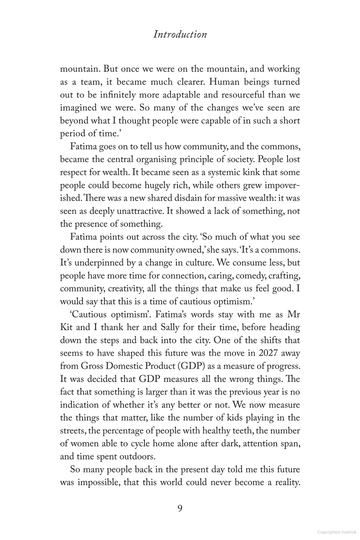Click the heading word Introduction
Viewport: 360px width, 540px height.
[x=180, y=34]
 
